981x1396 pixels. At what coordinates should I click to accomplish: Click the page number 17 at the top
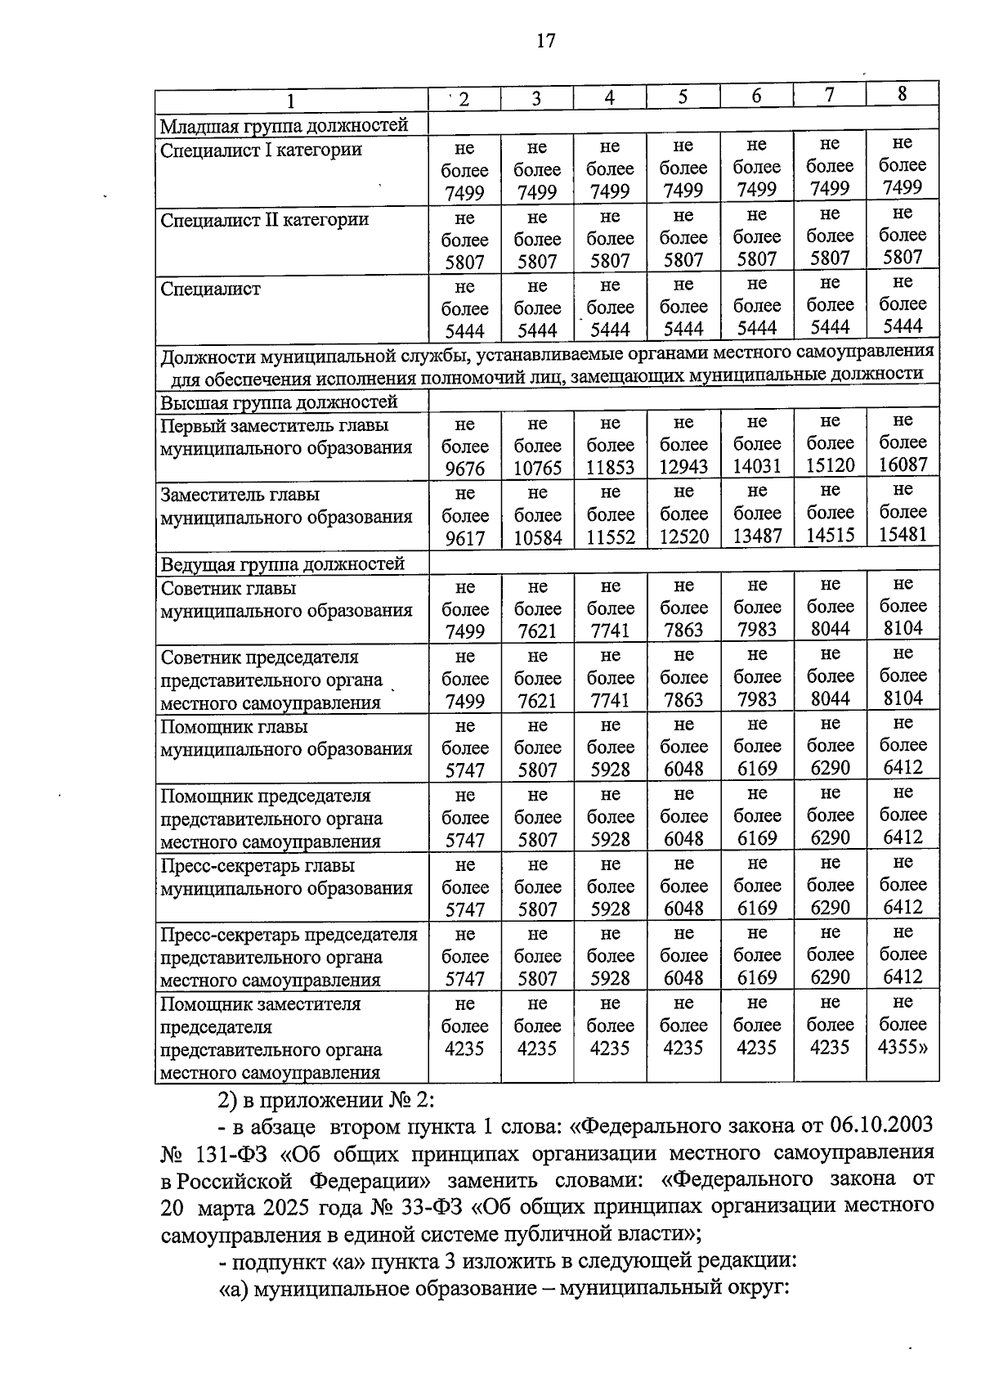click(546, 41)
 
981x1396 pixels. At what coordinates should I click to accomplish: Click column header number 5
click(683, 97)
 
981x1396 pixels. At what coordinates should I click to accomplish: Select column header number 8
click(902, 94)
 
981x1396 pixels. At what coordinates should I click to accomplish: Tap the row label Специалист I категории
click(261, 150)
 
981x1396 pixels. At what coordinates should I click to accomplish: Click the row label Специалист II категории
click(264, 220)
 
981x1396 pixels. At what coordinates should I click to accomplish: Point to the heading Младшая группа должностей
click(283, 126)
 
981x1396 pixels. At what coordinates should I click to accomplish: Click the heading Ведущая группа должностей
click(282, 564)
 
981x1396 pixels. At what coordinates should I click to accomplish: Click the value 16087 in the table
click(903, 465)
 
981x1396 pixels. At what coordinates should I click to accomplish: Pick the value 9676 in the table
click(464, 469)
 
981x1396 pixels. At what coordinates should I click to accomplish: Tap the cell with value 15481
click(903, 534)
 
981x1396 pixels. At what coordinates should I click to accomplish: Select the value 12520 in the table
click(683, 536)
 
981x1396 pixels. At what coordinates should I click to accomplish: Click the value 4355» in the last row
click(903, 1047)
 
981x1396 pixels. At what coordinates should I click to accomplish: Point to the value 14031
click(757, 466)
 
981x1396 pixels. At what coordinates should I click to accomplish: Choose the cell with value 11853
click(610, 468)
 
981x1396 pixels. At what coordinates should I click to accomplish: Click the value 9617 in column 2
click(464, 538)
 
